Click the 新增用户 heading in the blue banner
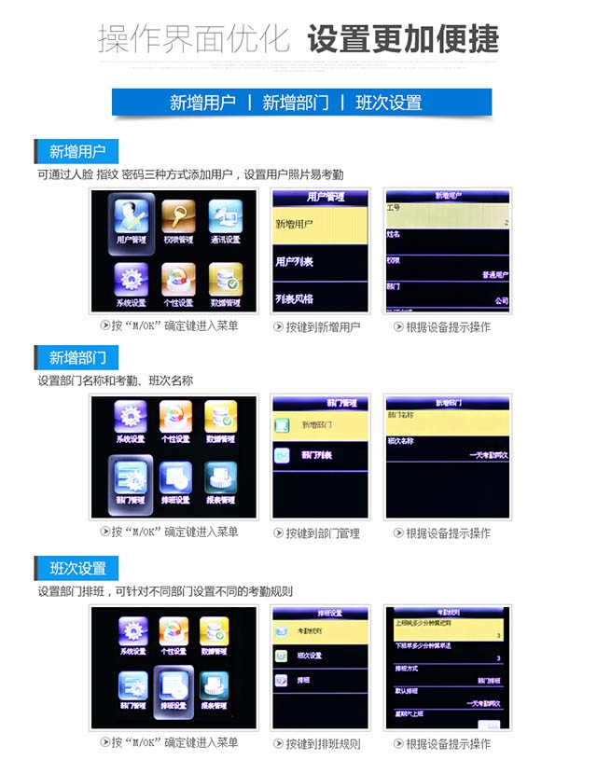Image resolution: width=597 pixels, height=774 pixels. pos(202,103)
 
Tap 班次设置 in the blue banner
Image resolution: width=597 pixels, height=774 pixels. pos(388,103)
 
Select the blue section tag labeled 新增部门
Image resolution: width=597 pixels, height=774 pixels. pos(77,358)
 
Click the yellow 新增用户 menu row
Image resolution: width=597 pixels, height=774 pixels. pos(321,225)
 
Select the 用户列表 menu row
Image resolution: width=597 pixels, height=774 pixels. pos(321,262)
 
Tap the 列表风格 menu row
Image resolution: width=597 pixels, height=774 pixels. pos(321,298)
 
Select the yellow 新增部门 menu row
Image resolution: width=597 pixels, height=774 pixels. pos(321,424)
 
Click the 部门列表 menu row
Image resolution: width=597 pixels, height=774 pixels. pos(321,455)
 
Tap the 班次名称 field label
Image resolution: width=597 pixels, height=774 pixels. pos(402,440)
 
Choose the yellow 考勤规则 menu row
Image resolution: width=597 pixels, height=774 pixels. pos(321,631)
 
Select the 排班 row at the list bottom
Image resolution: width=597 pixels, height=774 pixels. pos(321,681)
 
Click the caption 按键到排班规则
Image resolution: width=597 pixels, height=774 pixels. pos(316,744)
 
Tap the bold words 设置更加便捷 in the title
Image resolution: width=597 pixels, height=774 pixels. pos(403,40)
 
